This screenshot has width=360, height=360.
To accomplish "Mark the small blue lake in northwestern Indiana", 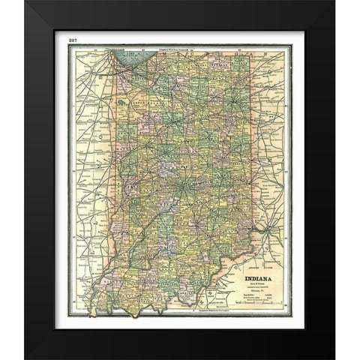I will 121,98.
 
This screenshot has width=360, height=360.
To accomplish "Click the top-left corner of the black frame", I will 26,3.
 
